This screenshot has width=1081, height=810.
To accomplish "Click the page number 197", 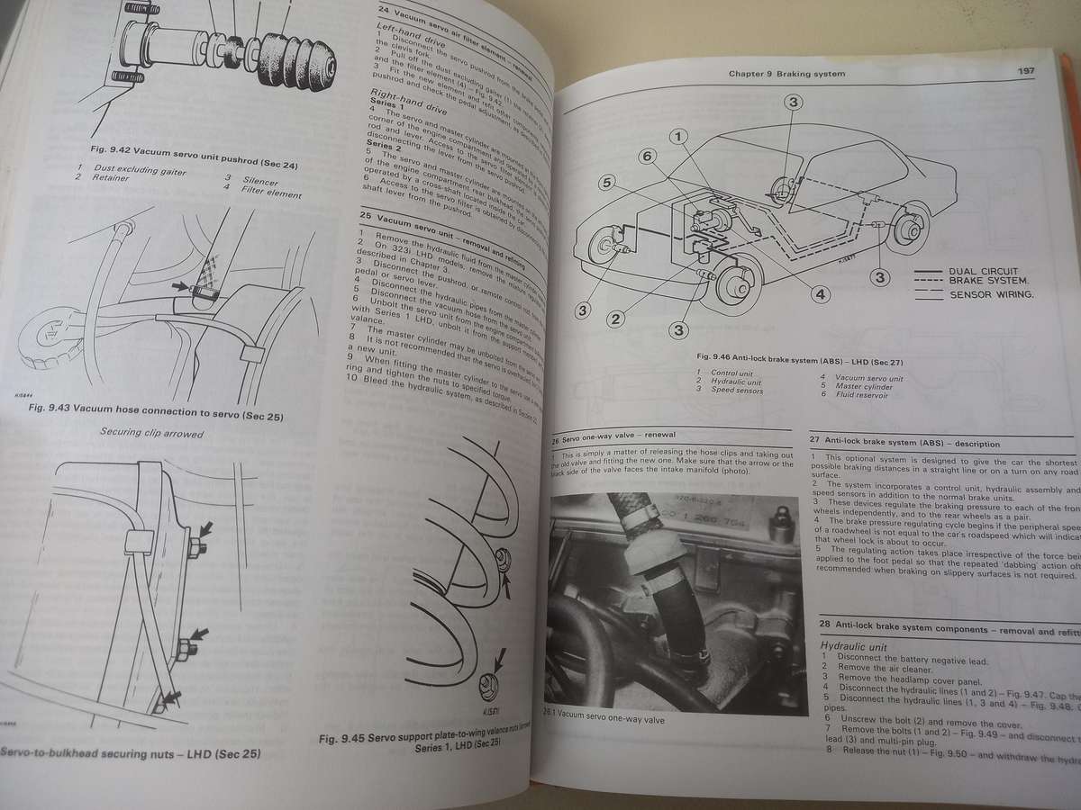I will [1025, 73].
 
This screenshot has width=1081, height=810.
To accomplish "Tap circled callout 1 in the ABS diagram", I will [679, 139].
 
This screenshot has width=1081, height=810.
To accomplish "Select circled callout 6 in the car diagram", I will [645, 156].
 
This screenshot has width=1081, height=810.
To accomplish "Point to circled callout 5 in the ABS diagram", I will [609, 183].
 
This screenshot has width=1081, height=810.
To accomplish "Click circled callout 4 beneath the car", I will [820, 293].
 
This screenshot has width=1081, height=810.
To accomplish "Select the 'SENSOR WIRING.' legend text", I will [991, 294].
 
